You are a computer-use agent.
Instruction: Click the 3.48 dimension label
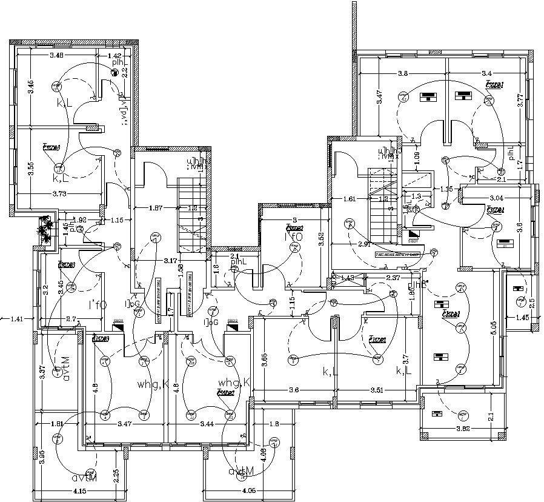56,56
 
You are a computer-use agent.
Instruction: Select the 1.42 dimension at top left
114,56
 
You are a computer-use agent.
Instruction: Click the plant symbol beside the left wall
44,231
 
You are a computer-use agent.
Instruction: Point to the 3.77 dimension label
519,97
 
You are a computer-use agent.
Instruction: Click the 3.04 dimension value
496,198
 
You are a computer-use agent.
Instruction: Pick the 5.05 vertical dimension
494,327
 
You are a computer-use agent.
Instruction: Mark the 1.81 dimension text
58,424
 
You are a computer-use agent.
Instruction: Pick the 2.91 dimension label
364,244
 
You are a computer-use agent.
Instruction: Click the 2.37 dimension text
394,278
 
